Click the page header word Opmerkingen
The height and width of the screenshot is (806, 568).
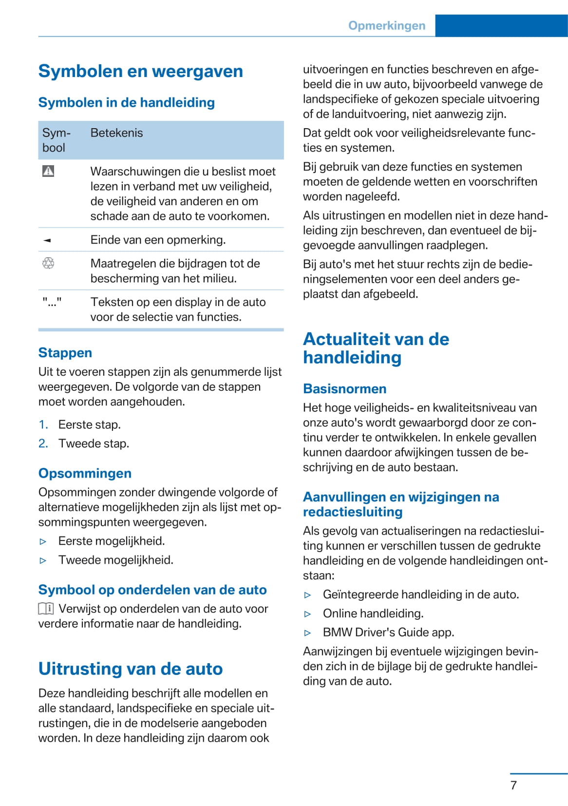point(386,26)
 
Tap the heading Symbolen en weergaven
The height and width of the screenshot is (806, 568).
point(140,71)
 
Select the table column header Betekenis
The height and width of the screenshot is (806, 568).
point(116,133)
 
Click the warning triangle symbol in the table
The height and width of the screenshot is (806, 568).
point(48,171)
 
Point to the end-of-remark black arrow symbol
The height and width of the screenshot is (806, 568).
point(47,240)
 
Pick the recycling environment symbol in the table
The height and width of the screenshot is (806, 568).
point(48,264)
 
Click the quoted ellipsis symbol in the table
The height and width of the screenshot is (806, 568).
point(52,302)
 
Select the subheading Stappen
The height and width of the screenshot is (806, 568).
point(65,353)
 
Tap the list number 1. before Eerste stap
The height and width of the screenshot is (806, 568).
point(43,425)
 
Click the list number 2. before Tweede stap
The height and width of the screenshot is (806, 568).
point(43,443)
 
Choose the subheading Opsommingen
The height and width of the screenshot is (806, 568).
point(85,473)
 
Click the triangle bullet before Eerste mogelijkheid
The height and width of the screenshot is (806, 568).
point(43,541)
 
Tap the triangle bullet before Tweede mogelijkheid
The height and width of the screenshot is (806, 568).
point(43,560)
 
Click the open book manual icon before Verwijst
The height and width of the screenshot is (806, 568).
point(46,609)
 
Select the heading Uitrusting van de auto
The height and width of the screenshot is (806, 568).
point(130,669)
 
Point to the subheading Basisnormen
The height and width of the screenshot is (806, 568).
point(344,389)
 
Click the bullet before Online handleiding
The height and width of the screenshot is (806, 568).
point(307,614)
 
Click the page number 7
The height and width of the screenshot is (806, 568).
point(513,786)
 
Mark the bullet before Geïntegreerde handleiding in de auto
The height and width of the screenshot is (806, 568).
point(307,595)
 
